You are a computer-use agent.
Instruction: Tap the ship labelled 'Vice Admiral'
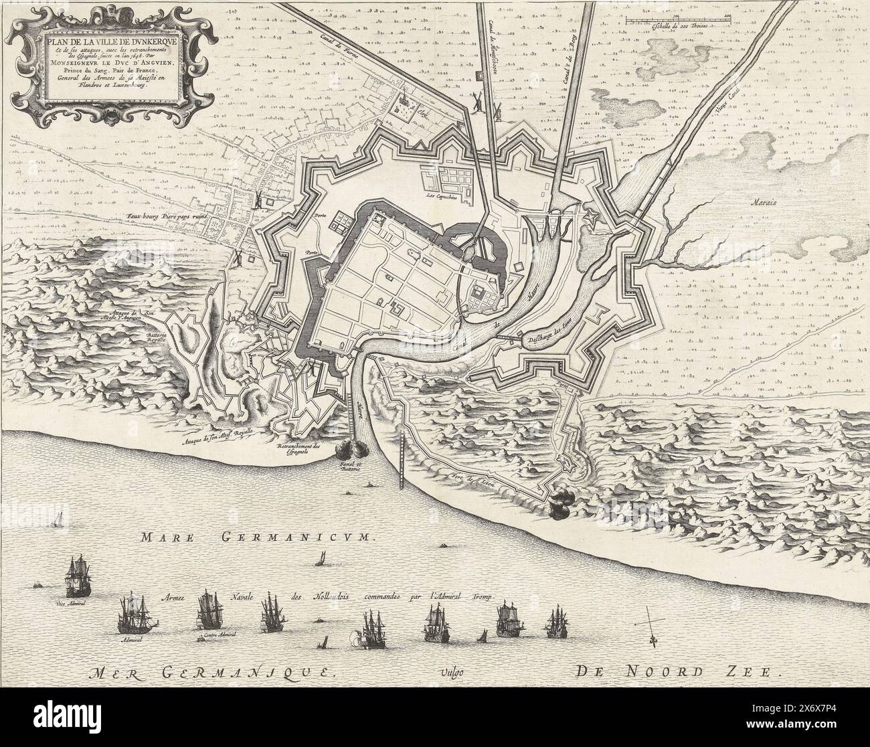(x=74, y=576)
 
